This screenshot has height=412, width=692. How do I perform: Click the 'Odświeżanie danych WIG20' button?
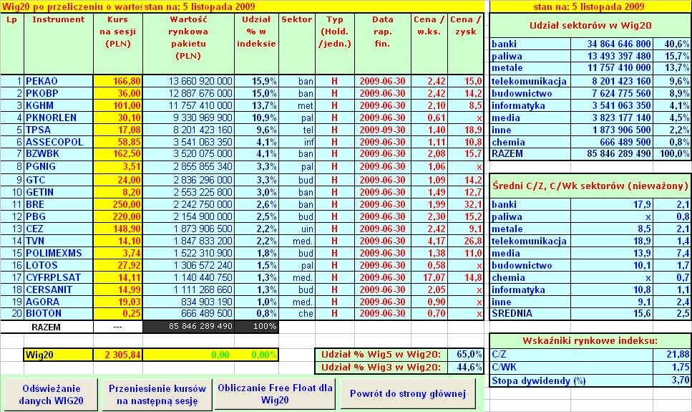coord(49,393)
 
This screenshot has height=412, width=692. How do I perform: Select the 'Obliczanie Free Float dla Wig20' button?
coord(276,393)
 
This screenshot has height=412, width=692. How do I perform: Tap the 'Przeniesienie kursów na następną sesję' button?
coord(157,393)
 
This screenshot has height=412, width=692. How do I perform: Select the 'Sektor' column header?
coord(296,19)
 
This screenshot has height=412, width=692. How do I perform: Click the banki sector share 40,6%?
coord(676,44)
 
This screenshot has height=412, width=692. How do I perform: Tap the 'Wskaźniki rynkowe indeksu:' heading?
coord(590,340)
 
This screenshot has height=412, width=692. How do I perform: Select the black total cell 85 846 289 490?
coord(190,327)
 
